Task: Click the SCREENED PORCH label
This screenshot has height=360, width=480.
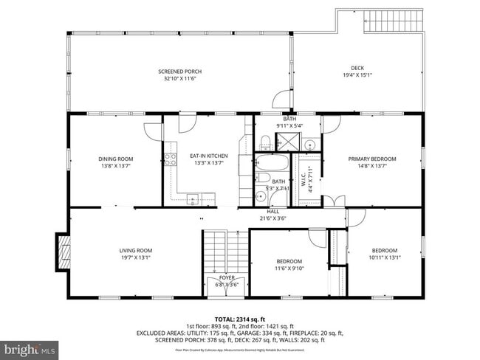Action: [x=179, y=72]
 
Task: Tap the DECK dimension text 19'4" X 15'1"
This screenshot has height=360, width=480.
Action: [x=357, y=75]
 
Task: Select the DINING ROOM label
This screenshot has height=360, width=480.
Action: [x=116, y=159]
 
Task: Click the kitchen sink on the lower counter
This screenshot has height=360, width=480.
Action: [x=192, y=197]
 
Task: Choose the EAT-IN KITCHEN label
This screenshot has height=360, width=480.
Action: [x=208, y=156]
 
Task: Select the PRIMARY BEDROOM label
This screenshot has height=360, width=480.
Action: [x=372, y=159]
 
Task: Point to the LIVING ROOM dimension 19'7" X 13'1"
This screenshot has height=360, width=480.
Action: [x=135, y=258]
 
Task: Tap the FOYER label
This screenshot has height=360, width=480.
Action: [x=227, y=277]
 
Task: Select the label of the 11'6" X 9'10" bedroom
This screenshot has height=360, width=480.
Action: [x=289, y=261]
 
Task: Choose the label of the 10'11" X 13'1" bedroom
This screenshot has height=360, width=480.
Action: [x=384, y=250]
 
